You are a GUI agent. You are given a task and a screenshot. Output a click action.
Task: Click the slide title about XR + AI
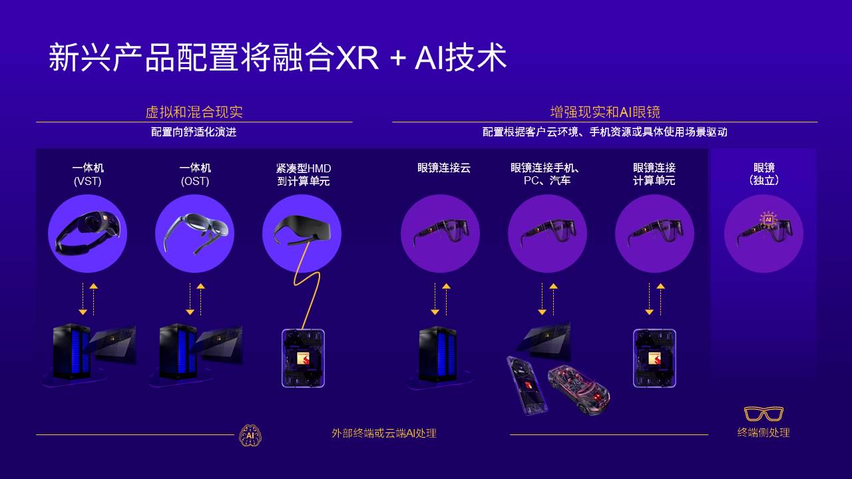click(277, 59)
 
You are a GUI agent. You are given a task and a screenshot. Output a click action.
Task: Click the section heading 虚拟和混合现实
click(194, 112)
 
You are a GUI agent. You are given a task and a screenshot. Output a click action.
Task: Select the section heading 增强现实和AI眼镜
click(604, 112)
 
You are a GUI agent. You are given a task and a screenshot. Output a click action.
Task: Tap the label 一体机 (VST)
click(88, 174)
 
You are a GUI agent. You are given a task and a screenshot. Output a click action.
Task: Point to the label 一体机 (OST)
click(195, 174)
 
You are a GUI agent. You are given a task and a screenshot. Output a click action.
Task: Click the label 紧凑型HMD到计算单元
click(304, 174)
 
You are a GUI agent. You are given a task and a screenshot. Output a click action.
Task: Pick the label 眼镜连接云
click(444, 168)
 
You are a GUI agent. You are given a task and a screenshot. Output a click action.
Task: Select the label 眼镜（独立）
click(763, 174)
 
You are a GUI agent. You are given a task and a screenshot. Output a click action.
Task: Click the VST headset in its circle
click(88, 233)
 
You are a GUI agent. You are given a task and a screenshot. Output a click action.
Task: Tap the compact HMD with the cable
click(302, 230)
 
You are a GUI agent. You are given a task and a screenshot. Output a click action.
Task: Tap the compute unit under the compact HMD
click(303, 358)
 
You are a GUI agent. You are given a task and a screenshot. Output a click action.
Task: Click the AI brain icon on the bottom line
click(250, 435)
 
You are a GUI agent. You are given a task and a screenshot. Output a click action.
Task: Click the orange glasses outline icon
click(763, 414)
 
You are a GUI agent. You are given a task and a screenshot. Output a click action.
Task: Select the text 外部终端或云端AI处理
click(384, 433)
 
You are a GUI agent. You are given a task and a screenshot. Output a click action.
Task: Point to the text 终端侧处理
click(763, 432)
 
